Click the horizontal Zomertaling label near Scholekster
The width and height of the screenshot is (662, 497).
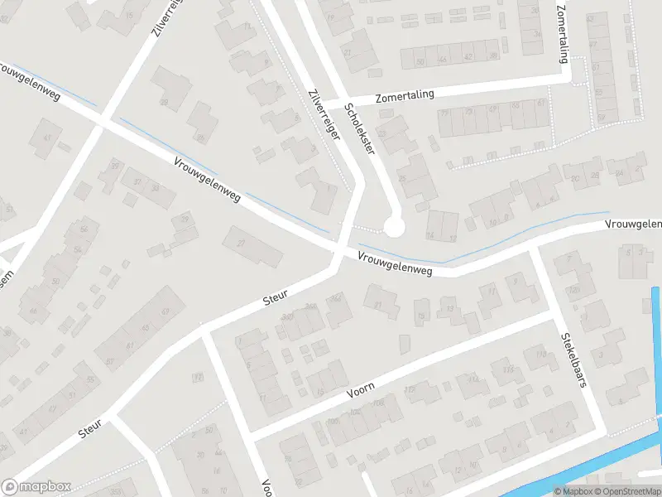405,96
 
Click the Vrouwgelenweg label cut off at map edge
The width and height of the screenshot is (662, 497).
633,224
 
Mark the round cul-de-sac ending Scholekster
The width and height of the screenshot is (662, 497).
394,226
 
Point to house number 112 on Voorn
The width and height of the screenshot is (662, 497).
473,379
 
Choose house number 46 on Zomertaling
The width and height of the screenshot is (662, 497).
444,59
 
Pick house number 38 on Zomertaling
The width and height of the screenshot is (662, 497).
493,56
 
